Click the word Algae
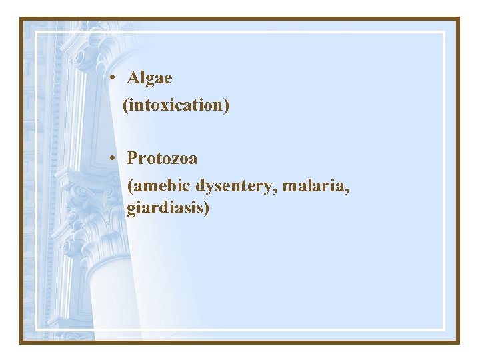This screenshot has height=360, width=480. coord(149,79)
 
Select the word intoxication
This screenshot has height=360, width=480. coord(176,105)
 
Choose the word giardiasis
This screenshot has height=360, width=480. coord(165,209)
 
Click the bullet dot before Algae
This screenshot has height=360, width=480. coord(115,78)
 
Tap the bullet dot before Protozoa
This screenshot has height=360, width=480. coord(115,158)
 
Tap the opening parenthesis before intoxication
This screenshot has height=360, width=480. coord(125,105)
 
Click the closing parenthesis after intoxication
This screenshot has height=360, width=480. coord(227,105)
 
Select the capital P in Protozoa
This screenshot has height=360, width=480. coord(133,158)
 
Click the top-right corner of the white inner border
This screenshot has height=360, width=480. coord(444,31)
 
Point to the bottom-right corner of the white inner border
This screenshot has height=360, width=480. coord(444,329)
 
